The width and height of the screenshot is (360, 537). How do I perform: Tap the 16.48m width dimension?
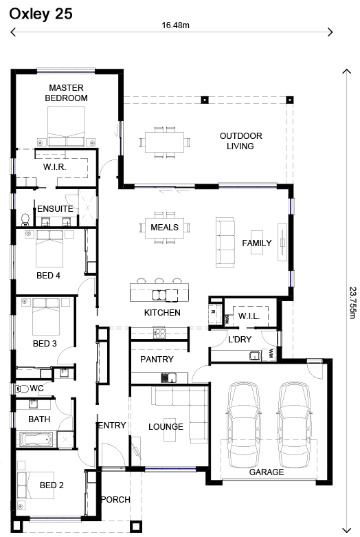click(x=175, y=25)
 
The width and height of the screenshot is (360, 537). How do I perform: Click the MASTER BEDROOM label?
click(x=66, y=93)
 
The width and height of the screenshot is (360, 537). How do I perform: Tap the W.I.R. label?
click(x=54, y=167)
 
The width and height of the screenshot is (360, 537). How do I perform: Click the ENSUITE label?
click(x=54, y=208)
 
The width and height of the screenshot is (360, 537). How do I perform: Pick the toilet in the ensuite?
click(x=25, y=219)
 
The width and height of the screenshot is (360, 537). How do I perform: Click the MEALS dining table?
click(x=164, y=228)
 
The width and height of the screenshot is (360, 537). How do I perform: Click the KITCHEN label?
click(x=162, y=313)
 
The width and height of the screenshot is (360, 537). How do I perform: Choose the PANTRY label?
click(x=157, y=359)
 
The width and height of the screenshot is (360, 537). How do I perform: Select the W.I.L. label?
click(x=248, y=316)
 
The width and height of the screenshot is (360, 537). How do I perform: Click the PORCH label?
click(x=115, y=499)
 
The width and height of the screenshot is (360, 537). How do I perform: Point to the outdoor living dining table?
click(x=164, y=142)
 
